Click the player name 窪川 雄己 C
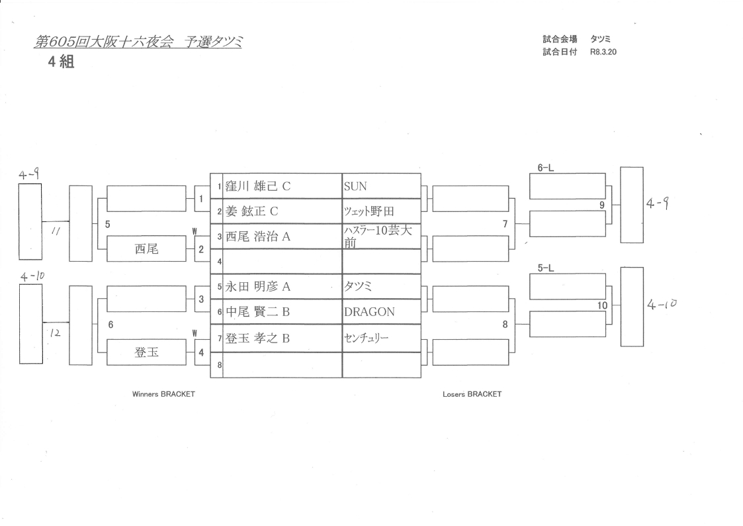[x=259, y=187]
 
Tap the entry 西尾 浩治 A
[x=259, y=237]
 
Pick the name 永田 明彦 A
[x=259, y=287]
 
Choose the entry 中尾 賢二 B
[x=259, y=312]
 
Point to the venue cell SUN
[x=355, y=187]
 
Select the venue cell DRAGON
[x=369, y=312]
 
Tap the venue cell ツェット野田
[x=369, y=212]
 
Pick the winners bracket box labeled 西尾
[x=146, y=249]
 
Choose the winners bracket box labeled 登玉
[x=146, y=352]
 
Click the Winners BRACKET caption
[x=163, y=394]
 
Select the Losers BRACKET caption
[x=472, y=394]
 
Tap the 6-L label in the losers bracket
[x=545, y=168]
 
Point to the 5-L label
[x=545, y=269]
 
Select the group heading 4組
[x=60, y=64]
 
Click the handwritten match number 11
[x=56, y=231]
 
